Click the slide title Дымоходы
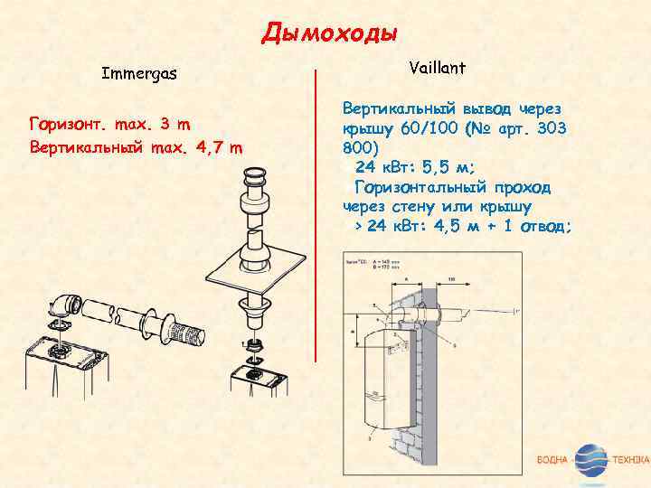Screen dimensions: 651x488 click(x=330, y=34)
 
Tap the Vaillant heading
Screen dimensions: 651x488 click(x=438, y=66)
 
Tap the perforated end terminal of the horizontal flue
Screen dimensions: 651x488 click(x=191, y=332)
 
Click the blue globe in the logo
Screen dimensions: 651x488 click(x=591, y=460)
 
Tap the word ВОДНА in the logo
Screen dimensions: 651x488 click(x=552, y=461)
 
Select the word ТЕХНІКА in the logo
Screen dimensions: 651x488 click(x=630, y=461)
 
